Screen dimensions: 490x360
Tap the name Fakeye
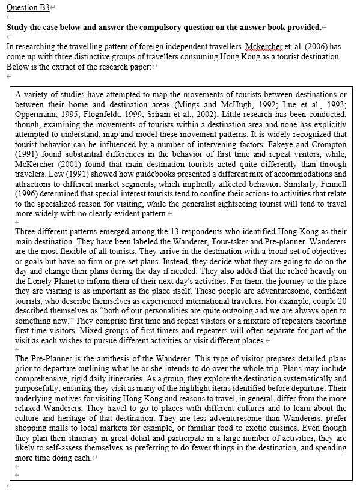click(264, 144)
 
